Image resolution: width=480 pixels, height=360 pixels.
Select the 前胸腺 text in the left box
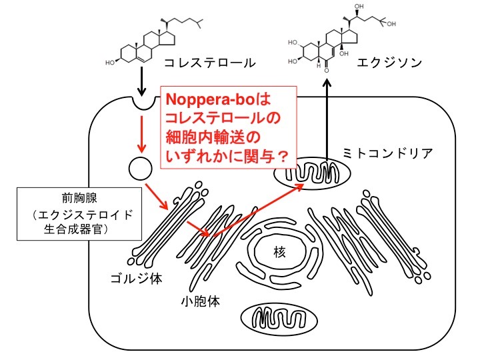pyautogui.click(x=79, y=199)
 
